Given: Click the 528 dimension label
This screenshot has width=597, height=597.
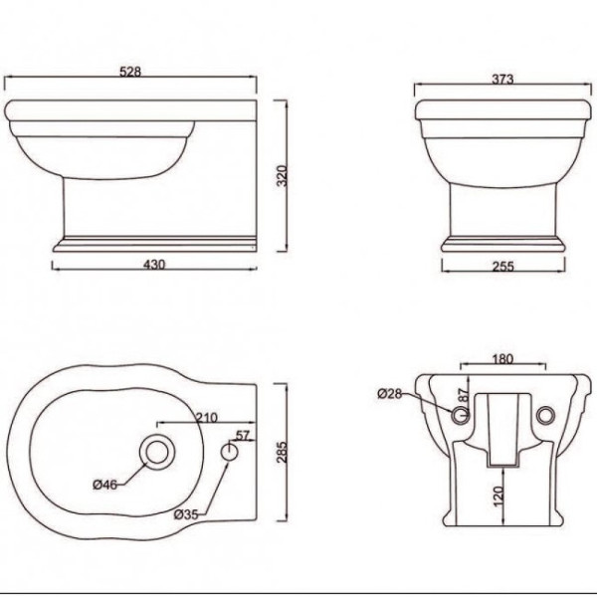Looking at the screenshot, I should coord(130,71).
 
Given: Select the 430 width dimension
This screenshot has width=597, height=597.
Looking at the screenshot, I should coord(154,264).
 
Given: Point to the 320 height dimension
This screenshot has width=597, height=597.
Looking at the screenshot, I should coord(282,175).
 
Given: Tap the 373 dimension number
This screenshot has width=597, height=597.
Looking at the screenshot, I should coord(501,80).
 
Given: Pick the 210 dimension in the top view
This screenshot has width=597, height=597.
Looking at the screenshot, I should coord(207,417).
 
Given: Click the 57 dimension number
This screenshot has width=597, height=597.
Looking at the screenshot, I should coord(242,436).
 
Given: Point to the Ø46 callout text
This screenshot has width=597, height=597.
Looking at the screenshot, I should coord(106,485).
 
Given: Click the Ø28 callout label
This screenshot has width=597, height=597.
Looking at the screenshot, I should coord(391,392).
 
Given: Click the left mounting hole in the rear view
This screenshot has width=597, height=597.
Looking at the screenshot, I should coord(461,414).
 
